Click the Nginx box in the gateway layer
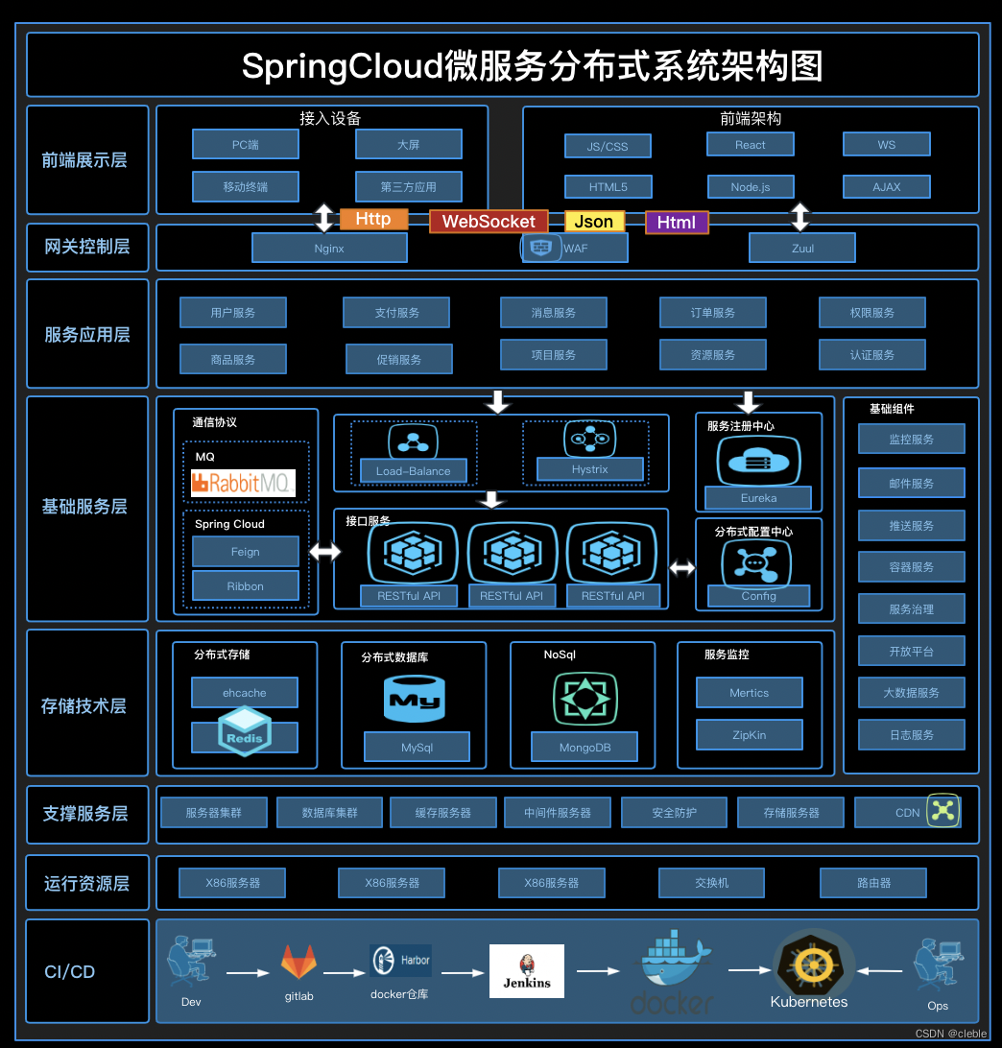click(x=329, y=248)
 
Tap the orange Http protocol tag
click(x=373, y=219)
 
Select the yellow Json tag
click(x=594, y=222)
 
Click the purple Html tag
click(x=677, y=222)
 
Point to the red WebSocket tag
click(x=489, y=222)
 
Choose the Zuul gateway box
click(x=802, y=248)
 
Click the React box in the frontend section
click(x=751, y=145)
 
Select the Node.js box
click(x=751, y=187)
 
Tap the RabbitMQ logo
click(x=243, y=483)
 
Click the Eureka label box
click(x=758, y=498)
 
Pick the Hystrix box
click(x=590, y=469)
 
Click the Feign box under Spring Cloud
click(x=246, y=552)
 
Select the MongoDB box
click(x=585, y=747)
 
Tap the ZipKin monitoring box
click(x=750, y=735)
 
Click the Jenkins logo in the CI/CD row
click(x=527, y=970)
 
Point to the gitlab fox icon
click(x=298, y=962)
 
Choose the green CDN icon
click(x=942, y=811)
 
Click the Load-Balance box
click(x=414, y=471)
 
